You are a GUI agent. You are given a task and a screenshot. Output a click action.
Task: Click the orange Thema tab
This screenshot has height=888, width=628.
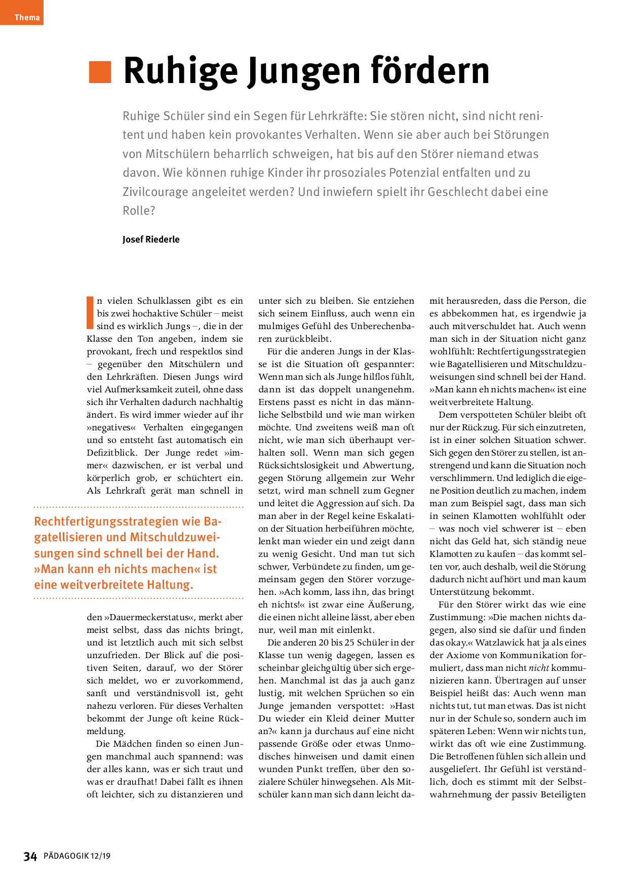coord(22,13)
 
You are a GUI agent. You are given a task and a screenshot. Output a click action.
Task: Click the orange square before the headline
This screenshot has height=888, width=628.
coord(100,72)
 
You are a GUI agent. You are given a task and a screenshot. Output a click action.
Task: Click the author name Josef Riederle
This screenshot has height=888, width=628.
coord(151,239)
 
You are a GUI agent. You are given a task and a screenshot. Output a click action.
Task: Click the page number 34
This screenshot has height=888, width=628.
coord(30,856)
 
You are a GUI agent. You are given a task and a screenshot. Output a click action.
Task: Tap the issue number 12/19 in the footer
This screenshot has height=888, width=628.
coord(101,856)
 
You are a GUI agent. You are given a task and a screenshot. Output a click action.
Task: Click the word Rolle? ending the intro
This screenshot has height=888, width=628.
coord(139,211)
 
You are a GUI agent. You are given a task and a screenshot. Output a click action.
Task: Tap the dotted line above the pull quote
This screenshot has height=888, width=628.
coord(138,506)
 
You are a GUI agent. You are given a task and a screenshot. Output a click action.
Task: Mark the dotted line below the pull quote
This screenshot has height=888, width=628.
coord(138,598)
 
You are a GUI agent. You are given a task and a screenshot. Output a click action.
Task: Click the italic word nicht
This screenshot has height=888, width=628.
coord(538,668)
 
